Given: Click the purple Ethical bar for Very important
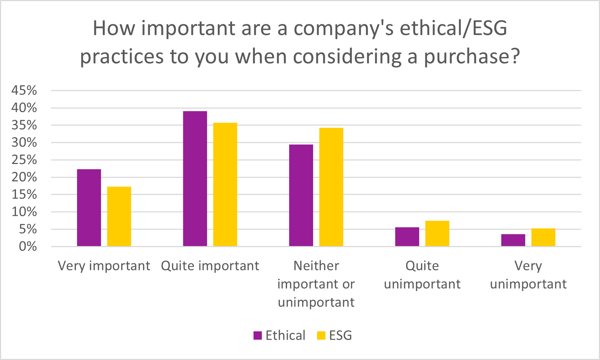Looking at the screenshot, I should point(89,208).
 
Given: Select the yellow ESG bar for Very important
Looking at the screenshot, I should point(119,216).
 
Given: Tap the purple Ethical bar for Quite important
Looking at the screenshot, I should point(195,179).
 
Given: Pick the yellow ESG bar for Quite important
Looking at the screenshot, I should point(225,184).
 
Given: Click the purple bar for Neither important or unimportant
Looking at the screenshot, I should point(301,195).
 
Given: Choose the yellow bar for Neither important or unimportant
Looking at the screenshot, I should point(331,187).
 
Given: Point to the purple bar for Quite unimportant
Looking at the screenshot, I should point(407,237).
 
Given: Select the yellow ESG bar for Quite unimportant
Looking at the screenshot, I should point(437,233).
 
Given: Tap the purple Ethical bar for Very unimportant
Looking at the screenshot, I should point(513,240).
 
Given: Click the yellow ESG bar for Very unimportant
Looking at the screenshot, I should point(543,237).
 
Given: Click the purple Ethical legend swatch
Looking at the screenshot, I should point(258,336).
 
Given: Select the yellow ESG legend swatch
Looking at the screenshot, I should point(321,336).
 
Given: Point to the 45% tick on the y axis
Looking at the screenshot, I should point(24,90).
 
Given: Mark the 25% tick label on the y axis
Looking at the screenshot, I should point(24,160).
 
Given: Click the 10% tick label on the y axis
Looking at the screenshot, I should point(24,212).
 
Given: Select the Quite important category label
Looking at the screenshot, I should point(210,266).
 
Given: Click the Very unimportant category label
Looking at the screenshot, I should point(528,275).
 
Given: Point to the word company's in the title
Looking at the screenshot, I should point(344,29).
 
